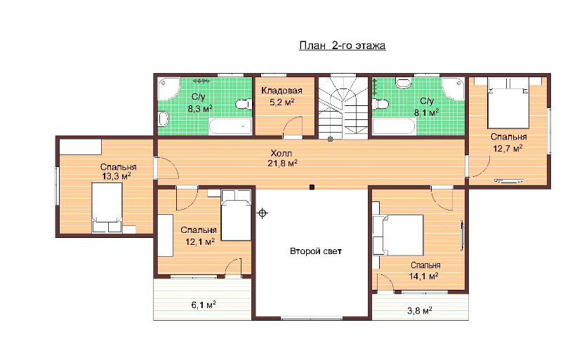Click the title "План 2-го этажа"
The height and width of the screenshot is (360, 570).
342,46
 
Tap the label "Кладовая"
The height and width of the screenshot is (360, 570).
281,91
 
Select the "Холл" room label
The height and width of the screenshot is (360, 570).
281,153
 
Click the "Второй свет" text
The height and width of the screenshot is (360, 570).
316,251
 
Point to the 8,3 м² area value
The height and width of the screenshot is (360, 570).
200,108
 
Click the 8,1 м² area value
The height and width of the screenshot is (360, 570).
426,112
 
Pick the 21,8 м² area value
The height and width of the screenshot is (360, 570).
282,164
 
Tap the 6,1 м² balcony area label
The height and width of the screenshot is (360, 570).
204,305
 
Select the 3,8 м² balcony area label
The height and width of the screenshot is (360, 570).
420,311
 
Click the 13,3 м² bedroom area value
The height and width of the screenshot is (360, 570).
117,177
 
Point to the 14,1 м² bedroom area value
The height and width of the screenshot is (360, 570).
423,276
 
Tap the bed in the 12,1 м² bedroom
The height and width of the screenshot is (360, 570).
236,215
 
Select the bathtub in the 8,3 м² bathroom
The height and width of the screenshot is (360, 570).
230,126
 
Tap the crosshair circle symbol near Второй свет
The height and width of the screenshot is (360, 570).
263,213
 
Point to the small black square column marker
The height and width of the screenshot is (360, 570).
312,187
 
